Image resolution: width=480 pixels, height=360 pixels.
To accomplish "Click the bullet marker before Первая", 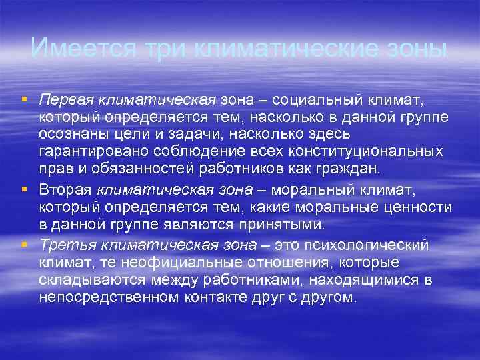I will pyautogui.click(x=24, y=99).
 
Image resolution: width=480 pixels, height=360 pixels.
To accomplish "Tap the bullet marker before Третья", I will pyautogui.click(x=24, y=245).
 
